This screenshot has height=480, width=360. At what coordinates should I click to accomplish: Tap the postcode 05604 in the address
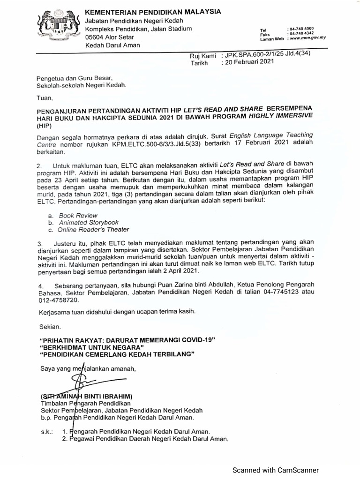click(94, 37)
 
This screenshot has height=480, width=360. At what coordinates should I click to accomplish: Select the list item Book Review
click(75, 214)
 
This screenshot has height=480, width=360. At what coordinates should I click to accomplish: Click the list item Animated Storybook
click(89, 222)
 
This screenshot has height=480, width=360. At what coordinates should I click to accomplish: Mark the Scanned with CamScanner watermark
click(276, 470)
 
